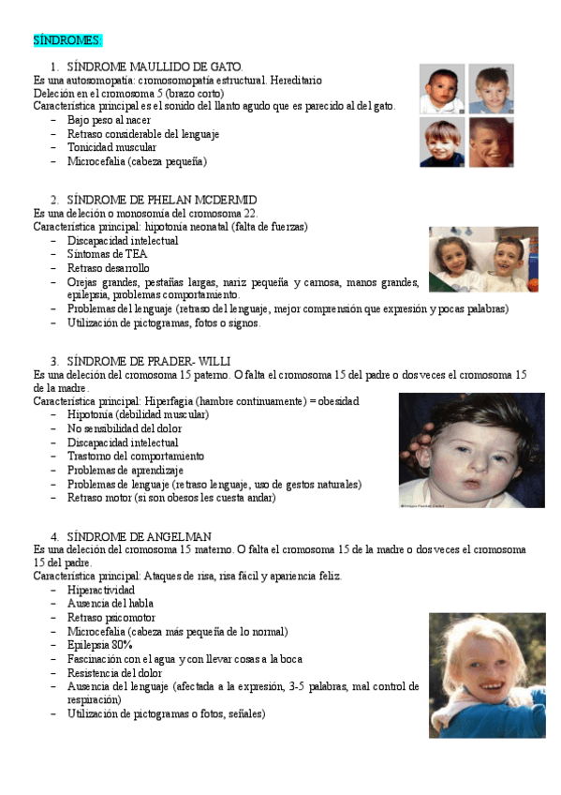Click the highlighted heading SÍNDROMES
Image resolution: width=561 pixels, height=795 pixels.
(67, 41)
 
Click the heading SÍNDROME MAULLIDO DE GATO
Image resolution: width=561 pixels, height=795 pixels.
(155, 67)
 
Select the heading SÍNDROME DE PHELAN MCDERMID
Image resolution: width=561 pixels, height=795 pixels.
(162, 200)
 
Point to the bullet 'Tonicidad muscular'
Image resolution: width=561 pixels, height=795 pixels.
(111, 147)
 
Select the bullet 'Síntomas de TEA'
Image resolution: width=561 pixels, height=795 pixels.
(107, 253)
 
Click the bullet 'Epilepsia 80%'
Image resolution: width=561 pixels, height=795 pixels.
(99, 645)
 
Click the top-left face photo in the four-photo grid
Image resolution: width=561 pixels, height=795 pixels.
(442, 88)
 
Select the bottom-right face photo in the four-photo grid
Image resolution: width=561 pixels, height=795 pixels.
(492, 142)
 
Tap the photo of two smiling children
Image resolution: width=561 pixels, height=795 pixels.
(483, 259)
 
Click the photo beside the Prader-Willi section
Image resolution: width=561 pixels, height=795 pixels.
(471, 450)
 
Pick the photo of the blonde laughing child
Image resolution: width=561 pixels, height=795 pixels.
(487, 675)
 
